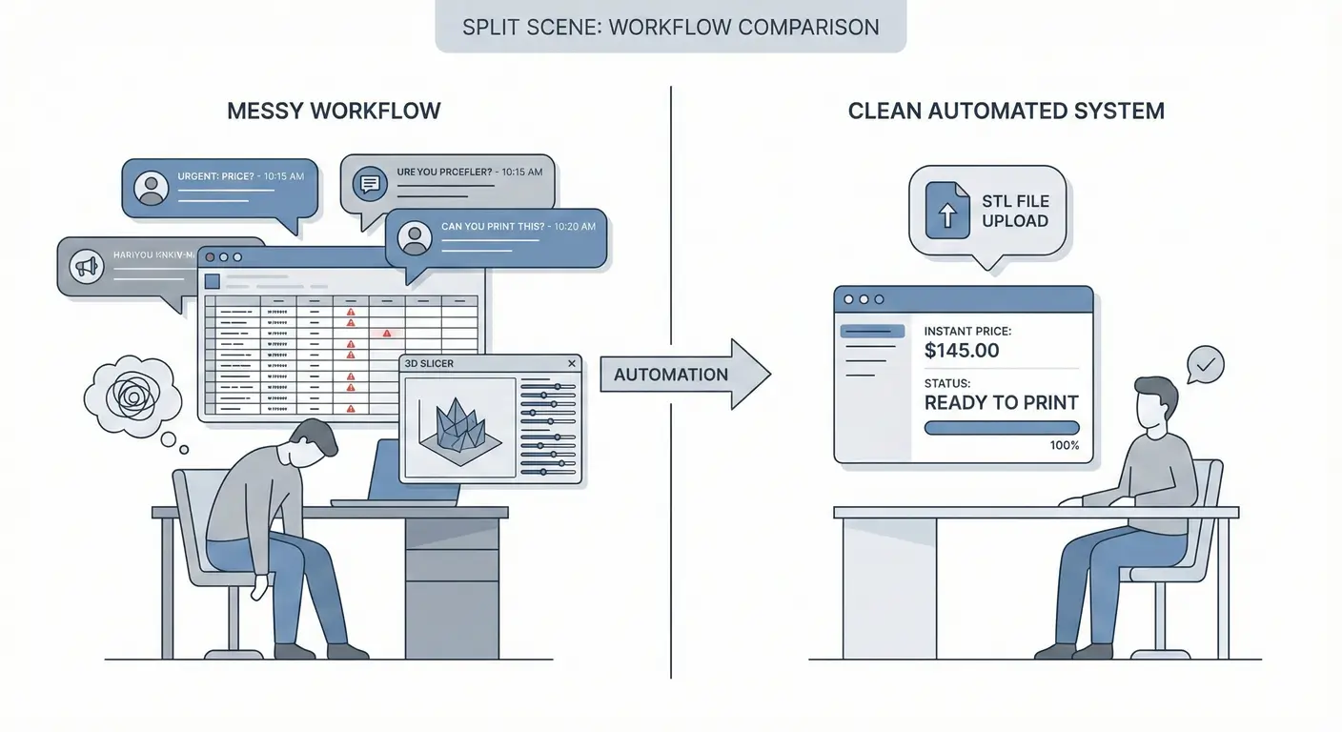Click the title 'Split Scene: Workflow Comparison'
670,27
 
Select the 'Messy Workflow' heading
334,111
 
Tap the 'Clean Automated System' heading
1006,111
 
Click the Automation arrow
684,374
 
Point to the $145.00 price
962,351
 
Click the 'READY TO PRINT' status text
1001,402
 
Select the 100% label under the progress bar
1064,445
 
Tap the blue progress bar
1001,428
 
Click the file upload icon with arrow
947,211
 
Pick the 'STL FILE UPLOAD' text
1015,211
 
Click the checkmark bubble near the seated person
1206,364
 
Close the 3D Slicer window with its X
572,363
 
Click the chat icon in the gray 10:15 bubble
368,183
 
